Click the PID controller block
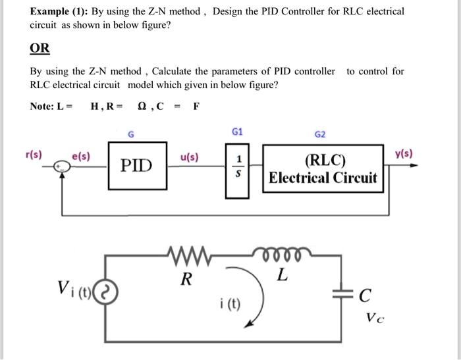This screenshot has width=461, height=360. [x=137, y=165]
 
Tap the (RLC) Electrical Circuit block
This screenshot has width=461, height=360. [x=323, y=169]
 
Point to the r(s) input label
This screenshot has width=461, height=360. [x=33, y=155]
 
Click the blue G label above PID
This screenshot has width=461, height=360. [x=131, y=135]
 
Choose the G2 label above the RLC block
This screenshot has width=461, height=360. [x=320, y=135]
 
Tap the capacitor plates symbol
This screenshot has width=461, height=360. [x=342, y=296]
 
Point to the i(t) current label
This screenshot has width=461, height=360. [x=230, y=304]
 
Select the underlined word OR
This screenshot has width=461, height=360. [x=40, y=49]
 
